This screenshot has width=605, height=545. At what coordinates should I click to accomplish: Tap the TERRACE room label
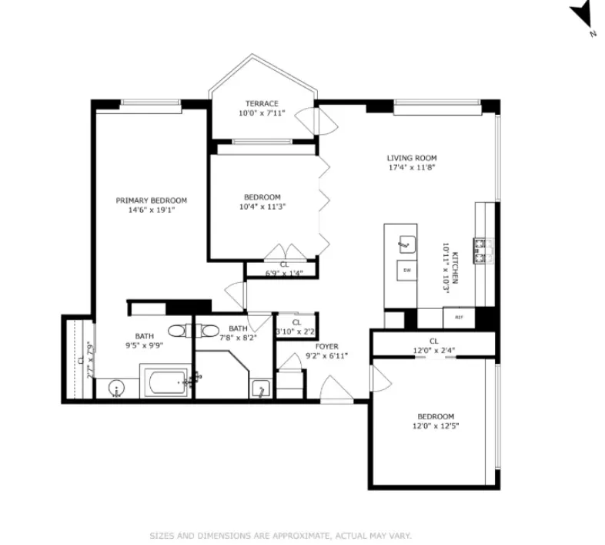pyautogui.click(x=262, y=103)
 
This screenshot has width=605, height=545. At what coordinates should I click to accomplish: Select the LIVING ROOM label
pyautogui.click(x=411, y=158)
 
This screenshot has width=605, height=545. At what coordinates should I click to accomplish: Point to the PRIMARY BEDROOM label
pyautogui.click(x=151, y=200)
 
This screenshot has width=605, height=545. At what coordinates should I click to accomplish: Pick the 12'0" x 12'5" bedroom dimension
pyautogui.click(x=436, y=426)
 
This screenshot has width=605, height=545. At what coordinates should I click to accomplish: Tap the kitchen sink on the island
pyautogui.click(x=405, y=245)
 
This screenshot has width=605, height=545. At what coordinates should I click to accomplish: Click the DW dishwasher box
pyautogui.click(x=406, y=271)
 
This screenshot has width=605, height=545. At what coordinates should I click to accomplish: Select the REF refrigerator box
pyautogui.click(x=458, y=317)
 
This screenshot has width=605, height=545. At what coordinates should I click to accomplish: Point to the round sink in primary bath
pyautogui.click(x=116, y=387)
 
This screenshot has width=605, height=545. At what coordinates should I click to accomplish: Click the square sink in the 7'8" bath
pyautogui.click(x=261, y=389)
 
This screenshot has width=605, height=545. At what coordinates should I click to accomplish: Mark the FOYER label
pyautogui.click(x=327, y=346)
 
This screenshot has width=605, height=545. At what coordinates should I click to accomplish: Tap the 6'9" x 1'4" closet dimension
pyautogui.click(x=284, y=273)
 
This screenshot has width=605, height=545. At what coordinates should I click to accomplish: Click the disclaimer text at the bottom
pyautogui.click(x=280, y=534)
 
